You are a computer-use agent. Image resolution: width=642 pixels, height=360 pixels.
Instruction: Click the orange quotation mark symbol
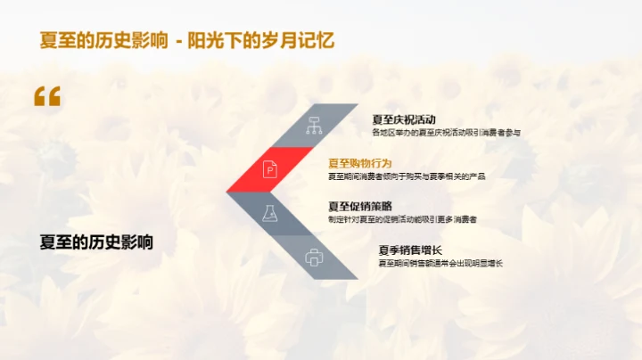(x=47, y=97)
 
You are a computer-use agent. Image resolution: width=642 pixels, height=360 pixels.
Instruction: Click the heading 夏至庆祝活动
(x=406, y=119)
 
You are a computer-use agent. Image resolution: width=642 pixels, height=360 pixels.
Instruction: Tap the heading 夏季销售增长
(x=410, y=250)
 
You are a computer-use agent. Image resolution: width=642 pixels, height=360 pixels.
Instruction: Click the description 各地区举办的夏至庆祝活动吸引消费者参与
(x=446, y=132)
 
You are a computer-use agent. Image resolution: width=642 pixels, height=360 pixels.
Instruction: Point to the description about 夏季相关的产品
(x=407, y=176)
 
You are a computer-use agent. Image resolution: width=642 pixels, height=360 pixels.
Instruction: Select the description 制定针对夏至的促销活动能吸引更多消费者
(x=402, y=219)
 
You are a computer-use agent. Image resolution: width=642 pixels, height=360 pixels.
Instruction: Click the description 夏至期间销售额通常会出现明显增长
(x=440, y=263)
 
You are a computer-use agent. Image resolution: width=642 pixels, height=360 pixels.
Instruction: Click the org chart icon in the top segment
(x=313, y=126)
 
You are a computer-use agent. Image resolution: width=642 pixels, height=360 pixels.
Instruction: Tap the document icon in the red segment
(x=269, y=169)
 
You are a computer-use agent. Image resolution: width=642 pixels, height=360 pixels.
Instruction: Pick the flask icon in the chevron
(x=269, y=213)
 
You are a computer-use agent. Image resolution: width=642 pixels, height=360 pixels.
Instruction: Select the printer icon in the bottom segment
(x=313, y=257)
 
